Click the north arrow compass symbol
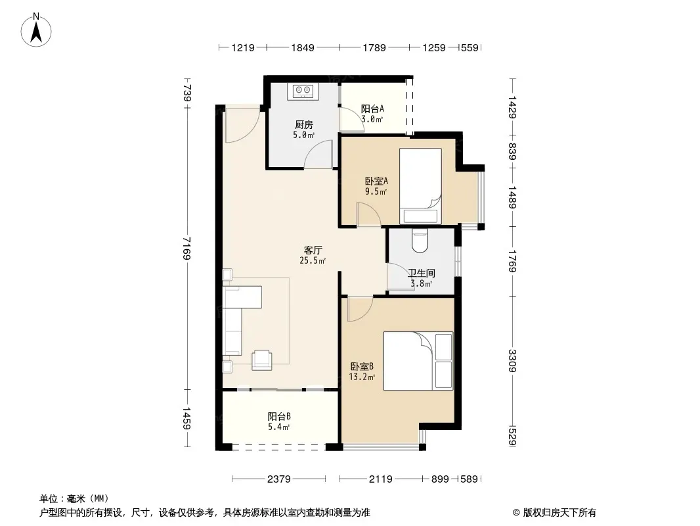(x=36, y=30)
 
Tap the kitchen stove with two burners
(x=303, y=91)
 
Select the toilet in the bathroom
(x=420, y=241)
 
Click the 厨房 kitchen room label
(x=303, y=124)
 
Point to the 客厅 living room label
(x=313, y=250)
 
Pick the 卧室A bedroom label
(x=376, y=181)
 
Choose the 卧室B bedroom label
(x=362, y=366)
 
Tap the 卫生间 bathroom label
(x=422, y=273)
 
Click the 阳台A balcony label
(x=372, y=108)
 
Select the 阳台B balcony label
(x=279, y=416)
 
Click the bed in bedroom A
(x=420, y=186)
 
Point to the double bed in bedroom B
(x=418, y=361)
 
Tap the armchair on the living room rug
(x=262, y=360)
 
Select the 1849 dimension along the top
(x=303, y=47)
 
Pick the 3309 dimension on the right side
(x=512, y=361)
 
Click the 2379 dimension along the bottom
(x=278, y=479)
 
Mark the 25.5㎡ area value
(x=313, y=260)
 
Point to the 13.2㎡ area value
(x=362, y=377)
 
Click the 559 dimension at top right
(x=470, y=47)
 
